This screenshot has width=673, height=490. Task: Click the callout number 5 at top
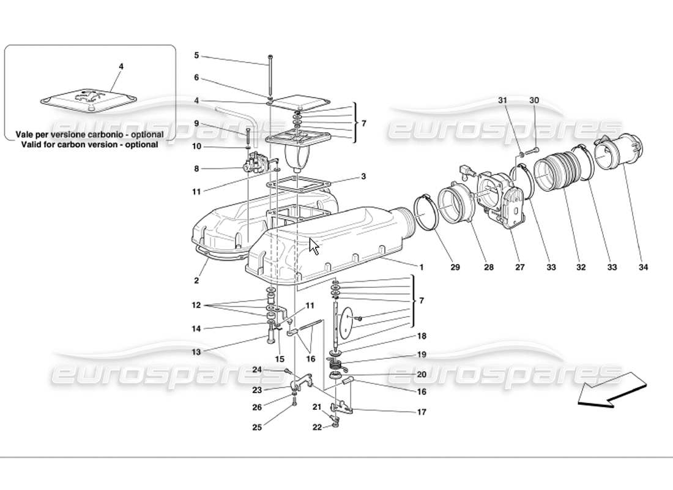pos(196,55)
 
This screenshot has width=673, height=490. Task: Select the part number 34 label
pos(643,267)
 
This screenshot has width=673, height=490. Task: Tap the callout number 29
pos(455,267)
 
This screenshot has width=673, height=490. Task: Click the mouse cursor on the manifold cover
pos(314,246)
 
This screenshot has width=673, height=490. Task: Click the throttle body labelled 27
pos(502,196)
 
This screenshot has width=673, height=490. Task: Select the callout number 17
pos(422,412)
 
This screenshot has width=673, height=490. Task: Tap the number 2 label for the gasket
pos(196,281)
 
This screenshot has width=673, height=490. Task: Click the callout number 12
pos(195,305)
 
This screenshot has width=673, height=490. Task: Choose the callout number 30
pos(534,100)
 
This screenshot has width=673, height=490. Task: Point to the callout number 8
pos(196,168)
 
